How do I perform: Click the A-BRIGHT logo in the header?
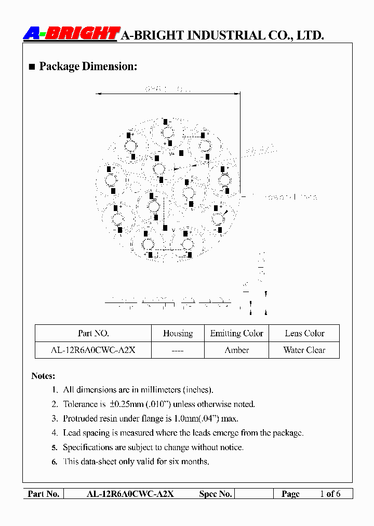(x=72, y=34)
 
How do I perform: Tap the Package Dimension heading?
(x=88, y=67)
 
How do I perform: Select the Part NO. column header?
(x=93, y=334)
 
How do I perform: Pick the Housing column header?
(x=178, y=334)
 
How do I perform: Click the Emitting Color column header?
(x=236, y=334)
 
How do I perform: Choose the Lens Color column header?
(x=304, y=334)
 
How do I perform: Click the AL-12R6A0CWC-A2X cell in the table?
(x=93, y=350)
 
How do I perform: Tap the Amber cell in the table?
(x=236, y=350)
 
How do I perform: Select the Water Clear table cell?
(x=304, y=350)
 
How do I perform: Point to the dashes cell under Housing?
(x=178, y=351)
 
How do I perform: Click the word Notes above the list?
(x=43, y=376)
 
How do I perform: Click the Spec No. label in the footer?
(x=215, y=494)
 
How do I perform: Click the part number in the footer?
(x=130, y=494)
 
